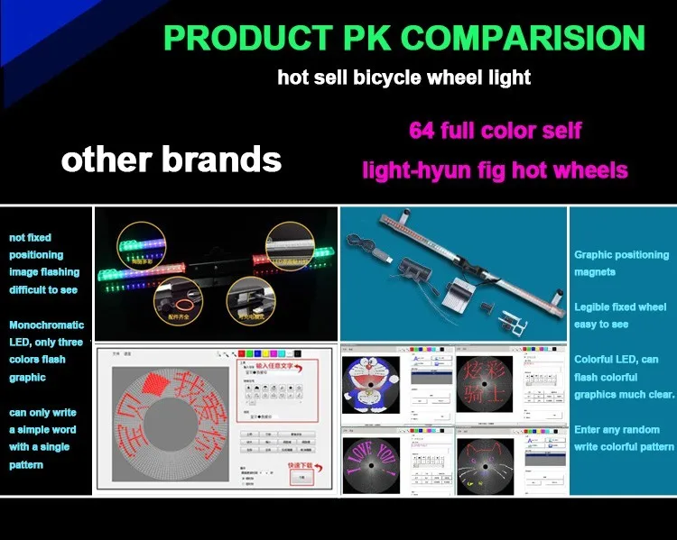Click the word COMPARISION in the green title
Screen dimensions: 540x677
click(x=524, y=38)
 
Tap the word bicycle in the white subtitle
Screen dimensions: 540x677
click(x=386, y=78)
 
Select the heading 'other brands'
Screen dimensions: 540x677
click(x=171, y=160)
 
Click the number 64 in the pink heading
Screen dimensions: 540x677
click(x=422, y=130)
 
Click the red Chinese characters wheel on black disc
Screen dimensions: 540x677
click(x=484, y=382)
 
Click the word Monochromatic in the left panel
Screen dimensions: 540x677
click(x=47, y=325)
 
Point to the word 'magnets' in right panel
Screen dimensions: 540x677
click(x=595, y=271)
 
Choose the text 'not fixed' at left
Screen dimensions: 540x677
click(x=30, y=238)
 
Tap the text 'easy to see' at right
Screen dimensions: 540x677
click(x=600, y=324)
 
